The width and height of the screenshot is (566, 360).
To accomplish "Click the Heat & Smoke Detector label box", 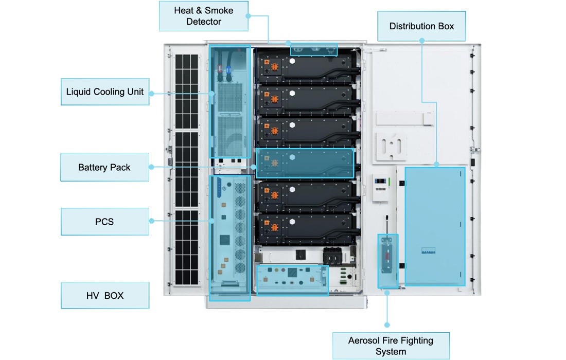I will pyautogui.click(x=203, y=16).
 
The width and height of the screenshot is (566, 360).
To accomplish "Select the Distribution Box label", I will pyautogui.click(x=421, y=26).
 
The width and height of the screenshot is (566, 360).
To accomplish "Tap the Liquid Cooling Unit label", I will pyautogui.click(x=105, y=92).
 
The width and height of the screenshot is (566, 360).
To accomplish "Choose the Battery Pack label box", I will pyautogui.click(x=104, y=167).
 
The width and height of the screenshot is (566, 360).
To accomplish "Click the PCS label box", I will pyautogui.click(x=104, y=222).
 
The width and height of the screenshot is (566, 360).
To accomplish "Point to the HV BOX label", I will pyautogui.click(x=105, y=295).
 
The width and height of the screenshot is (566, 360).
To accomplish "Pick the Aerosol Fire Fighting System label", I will pyautogui.click(x=391, y=346).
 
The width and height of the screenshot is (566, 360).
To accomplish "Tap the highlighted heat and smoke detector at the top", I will pyautogui.click(x=314, y=49).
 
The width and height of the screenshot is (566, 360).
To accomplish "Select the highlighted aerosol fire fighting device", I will pyautogui.click(x=387, y=261).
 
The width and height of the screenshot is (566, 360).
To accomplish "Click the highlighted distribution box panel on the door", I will pyautogui.click(x=435, y=226).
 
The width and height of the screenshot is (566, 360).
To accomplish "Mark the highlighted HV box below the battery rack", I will pyautogui.click(x=292, y=280).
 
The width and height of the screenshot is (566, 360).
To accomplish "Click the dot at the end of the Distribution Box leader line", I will pyautogui.click(x=436, y=165).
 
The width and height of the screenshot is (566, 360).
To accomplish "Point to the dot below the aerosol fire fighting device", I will pyautogui.click(x=387, y=325).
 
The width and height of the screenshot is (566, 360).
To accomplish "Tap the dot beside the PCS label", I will pyautogui.click(x=152, y=221).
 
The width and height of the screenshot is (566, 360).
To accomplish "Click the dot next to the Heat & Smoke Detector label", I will pyautogui.click(x=248, y=16).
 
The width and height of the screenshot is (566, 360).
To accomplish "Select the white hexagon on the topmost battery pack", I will pyautogui.click(x=292, y=61).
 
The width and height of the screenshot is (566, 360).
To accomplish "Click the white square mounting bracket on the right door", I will pyautogui.click(x=391, y=146).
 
